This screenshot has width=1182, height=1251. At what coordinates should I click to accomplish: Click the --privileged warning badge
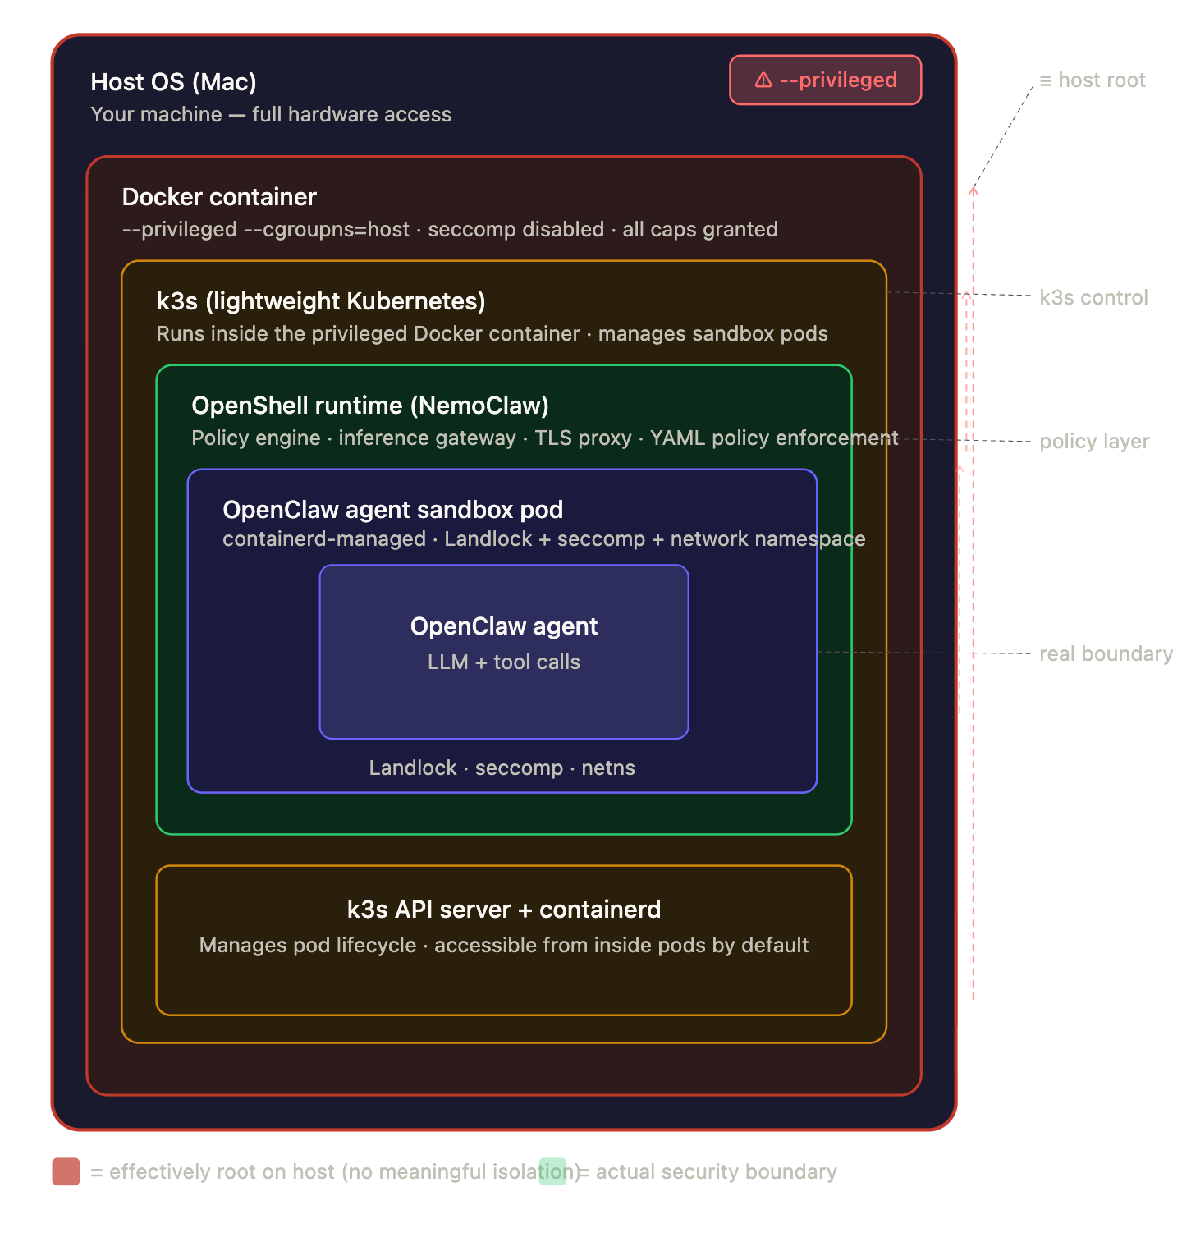(825, 80)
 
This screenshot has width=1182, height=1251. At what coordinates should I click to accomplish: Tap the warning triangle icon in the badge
(763, 80)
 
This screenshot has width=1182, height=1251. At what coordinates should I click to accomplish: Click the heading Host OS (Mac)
(173, 82)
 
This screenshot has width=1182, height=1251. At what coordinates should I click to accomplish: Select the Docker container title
(219, 197)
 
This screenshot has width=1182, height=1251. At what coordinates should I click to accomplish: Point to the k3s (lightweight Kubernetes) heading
(321, 301)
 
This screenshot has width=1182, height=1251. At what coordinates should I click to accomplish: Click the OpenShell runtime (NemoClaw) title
(370, 406)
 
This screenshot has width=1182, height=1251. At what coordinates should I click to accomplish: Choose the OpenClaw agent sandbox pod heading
(392, 510)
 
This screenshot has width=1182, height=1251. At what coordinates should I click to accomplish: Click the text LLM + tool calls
(503, 662)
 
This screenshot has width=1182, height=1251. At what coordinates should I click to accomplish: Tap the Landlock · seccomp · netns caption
(502, 768)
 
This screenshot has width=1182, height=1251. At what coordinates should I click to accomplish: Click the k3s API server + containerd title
(503, 910)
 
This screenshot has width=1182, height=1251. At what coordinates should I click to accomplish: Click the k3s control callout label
(1093, 298)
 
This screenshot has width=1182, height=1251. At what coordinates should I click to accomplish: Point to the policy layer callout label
(1094, 442)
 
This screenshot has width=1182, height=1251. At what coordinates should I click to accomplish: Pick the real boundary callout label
(1106, 654)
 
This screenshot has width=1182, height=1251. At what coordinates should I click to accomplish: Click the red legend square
(66, 1171)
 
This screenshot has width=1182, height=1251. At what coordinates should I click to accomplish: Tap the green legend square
(552, 1171)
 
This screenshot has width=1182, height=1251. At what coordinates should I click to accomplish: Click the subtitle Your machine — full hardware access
(271, 115)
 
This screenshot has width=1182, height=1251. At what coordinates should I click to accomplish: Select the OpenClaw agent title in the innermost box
(503, 626)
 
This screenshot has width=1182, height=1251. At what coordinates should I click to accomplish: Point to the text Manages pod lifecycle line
(503, 946)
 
